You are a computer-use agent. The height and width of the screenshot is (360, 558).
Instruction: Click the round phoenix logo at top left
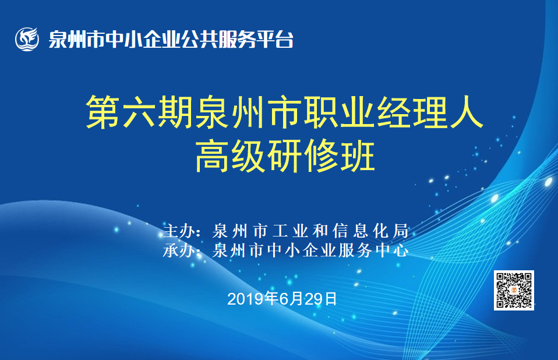[x=27, y=39]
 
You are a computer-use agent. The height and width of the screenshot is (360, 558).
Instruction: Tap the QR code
[x=514, y=290]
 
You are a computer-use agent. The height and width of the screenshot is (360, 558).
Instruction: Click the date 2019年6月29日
[x=282, y=299]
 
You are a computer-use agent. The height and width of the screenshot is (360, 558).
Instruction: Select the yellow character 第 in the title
[x=103, y=112]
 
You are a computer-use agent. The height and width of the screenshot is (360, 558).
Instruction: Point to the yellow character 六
[x=139, y=112]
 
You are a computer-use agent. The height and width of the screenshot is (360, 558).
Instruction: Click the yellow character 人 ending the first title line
[x=466, y=112]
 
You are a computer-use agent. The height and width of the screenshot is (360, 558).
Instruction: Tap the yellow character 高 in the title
[x=212, y=156]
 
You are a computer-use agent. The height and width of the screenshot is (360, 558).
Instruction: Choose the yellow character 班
[x=357, y=156]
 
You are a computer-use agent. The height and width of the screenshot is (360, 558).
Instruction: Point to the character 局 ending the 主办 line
[x=401, y=231]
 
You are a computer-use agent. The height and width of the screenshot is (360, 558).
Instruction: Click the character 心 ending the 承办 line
[x=401, y=250]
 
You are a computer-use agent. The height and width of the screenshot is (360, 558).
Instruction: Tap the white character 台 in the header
[x=284, y=39]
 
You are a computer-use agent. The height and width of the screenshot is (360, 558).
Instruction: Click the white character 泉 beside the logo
[x=58, y=39]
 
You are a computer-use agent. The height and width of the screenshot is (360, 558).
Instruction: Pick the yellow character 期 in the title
[x=175, y=112]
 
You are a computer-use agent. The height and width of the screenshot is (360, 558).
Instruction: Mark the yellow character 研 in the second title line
[x=285, y=156]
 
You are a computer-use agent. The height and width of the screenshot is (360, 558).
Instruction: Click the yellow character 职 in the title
[x=321, y=112]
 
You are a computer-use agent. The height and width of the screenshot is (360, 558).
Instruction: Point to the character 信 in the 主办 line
[x=340, y=231]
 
